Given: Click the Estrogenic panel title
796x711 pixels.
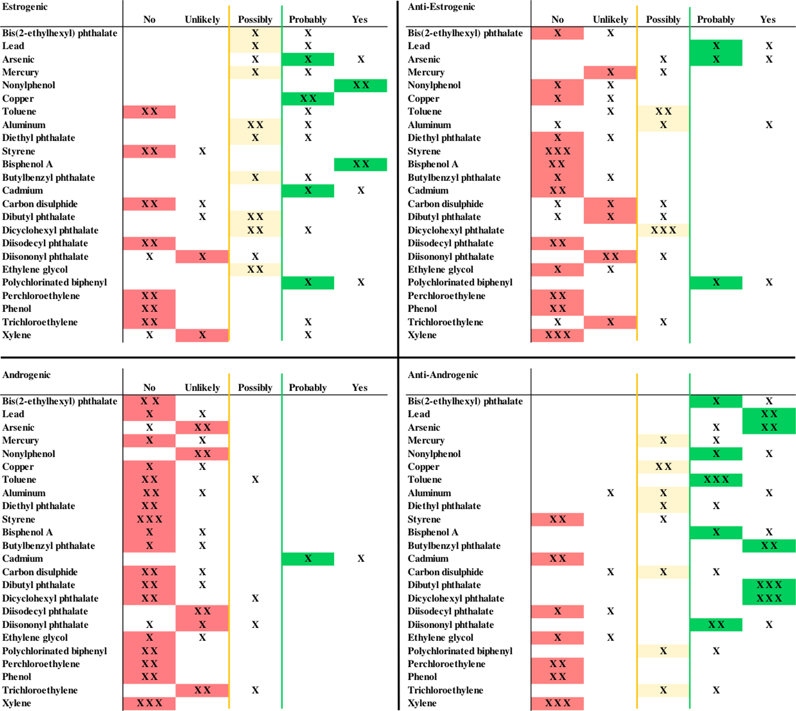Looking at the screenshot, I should [x=25, y=7].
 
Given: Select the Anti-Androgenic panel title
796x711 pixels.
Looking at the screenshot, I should [x=442, y=374].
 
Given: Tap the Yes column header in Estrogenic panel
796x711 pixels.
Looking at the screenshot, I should [x=360, y=20].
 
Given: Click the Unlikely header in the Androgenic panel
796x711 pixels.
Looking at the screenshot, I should [x=202, y=387].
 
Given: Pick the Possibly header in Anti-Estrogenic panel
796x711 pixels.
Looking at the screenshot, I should [x=663, y=20].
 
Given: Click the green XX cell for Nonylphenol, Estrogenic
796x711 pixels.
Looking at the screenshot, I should [x=360, y=85].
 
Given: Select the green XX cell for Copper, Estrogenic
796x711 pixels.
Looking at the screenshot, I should [x=308, y=99].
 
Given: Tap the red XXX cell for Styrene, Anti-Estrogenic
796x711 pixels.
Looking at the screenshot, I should [x=558, y=152].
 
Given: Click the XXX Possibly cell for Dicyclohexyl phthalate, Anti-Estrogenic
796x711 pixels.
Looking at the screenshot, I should [x=663, y=230].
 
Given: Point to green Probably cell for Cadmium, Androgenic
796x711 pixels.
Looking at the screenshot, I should [x=308, y=559].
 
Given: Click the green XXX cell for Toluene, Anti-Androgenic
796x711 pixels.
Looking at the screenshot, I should [x=716, y=479].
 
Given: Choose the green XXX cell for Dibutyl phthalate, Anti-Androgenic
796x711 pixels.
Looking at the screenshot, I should [x=769, y=585].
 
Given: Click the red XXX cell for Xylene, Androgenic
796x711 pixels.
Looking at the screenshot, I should [x=149, y=703].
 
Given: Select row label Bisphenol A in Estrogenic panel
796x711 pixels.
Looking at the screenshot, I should [x=27, y=164].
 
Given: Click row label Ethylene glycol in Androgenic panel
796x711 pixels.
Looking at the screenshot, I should [x=35, y=637].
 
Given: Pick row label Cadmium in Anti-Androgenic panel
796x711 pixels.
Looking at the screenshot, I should [x=428, y=559].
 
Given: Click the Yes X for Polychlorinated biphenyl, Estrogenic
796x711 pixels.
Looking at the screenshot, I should [x=360, y=282].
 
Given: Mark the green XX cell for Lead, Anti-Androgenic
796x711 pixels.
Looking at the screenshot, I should [x=769, y=414].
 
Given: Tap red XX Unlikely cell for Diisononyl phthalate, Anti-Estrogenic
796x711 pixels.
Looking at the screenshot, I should [x=610, y=256].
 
